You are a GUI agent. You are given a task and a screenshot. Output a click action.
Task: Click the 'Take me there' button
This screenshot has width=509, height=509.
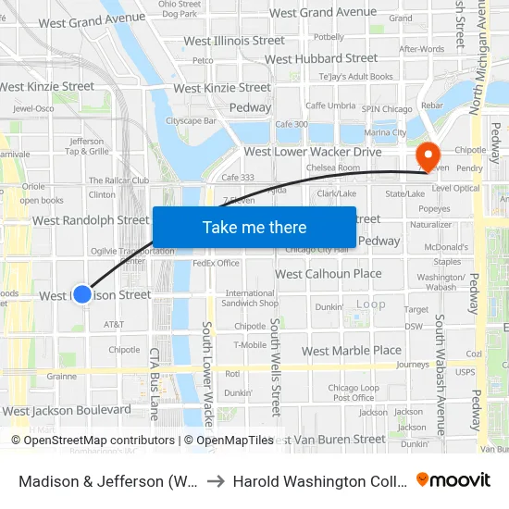254,228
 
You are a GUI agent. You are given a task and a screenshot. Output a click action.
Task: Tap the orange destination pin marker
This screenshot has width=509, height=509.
428,155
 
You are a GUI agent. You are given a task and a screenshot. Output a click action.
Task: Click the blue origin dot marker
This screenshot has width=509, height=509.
82,294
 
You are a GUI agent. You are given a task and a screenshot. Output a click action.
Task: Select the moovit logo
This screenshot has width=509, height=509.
453,479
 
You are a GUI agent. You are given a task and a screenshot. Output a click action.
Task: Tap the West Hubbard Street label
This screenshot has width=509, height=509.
321,58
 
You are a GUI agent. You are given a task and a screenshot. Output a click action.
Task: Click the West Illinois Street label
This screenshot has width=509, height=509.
234,42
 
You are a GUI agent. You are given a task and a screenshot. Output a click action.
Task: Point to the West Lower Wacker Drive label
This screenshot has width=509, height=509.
313,152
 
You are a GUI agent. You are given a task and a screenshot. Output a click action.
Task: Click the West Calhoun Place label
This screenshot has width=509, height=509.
329,274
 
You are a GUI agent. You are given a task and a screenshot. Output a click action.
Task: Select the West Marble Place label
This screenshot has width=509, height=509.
352,351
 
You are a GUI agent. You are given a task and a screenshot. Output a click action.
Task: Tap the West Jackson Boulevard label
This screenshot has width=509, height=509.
67,410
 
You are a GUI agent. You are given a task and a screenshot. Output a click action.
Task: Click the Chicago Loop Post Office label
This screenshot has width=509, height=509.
354,393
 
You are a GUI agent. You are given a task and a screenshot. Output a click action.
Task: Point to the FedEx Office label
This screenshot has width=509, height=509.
216,263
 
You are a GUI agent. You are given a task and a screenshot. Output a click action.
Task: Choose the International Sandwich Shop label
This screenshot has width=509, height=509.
251,298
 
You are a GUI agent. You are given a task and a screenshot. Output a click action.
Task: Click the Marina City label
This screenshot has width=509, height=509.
385,132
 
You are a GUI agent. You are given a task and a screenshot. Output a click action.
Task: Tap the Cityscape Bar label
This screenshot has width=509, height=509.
191,120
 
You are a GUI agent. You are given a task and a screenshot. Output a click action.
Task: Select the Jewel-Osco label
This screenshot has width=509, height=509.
33,108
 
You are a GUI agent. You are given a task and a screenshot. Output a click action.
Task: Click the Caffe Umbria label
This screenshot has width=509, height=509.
330,106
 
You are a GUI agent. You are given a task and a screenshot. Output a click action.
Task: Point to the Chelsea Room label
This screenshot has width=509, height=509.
333,168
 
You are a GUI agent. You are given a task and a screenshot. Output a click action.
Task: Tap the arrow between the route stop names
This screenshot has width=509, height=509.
214,481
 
